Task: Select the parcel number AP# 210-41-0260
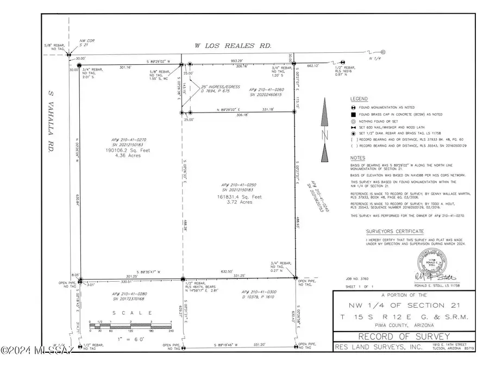tap(267, 89)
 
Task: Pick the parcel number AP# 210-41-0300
tap(259, 292)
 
